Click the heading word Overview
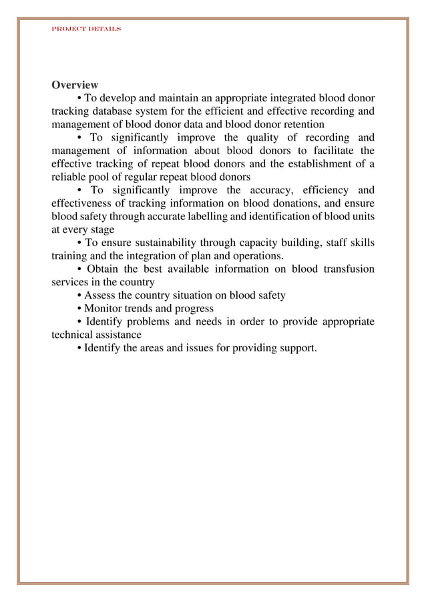pos(75,85)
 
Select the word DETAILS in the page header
pos(103,30)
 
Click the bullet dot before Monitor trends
pos(80,309)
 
